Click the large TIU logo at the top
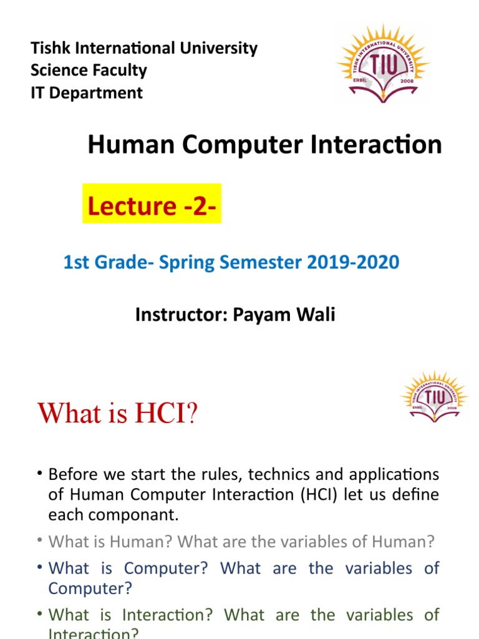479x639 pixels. point(383,65)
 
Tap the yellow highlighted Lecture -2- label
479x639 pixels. point(152,204)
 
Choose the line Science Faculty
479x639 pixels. point(89,71)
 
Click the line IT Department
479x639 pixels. point(86,93)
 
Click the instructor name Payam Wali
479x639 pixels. point(284,315)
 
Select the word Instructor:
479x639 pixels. point(181,315)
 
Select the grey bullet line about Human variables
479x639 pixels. point(241,542)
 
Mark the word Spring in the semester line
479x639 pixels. point(189,262)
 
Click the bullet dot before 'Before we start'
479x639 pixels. point(39,474)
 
